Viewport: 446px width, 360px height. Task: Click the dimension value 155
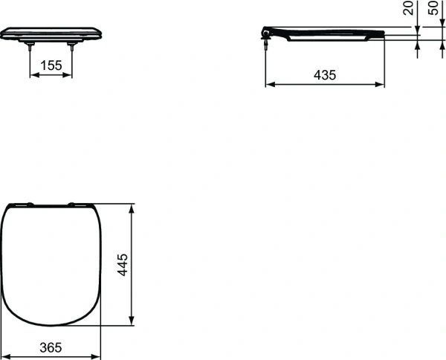click(x=51, y=65)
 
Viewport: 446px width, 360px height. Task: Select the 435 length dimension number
click(x=326, y=74)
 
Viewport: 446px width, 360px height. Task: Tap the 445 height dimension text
click(x=123, y=264)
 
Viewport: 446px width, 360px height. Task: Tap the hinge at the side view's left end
click(x=267, y=33)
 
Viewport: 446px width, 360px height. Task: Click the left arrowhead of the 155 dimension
click(x=33, y=75)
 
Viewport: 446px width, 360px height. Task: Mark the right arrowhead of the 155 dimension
click(x=69, y=75)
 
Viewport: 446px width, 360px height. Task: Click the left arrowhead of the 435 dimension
click(x=269, y=84)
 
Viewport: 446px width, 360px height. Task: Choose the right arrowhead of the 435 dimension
click(x=381, y=84)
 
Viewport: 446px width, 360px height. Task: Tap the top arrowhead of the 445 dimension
click(x=132, y=206)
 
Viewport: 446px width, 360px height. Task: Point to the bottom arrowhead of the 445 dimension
click(x=132, y=322)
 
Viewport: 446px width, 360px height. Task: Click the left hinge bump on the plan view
click(x=28, y=203)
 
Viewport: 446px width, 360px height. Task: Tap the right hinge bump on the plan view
click(x=73, y=203)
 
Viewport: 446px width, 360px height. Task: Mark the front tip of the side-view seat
click(x=383, y=33)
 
